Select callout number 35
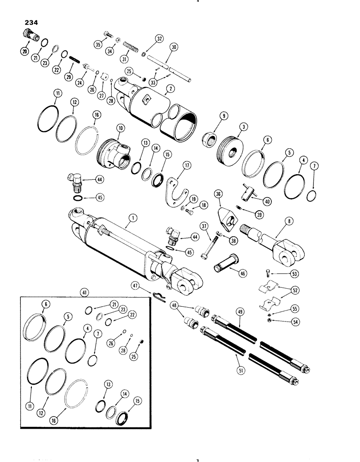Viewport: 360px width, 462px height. [97, 44]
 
